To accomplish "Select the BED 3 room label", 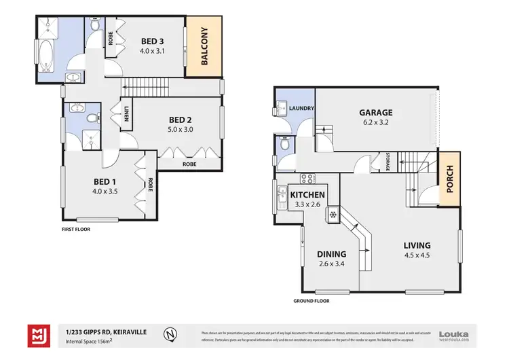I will [x=151, y=40].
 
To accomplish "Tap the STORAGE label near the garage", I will [x=387, y=162].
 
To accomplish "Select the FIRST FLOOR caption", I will [x=75, y=229].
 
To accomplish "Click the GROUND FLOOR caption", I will [x=311, y=300].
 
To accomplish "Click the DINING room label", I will [x=331, y=254].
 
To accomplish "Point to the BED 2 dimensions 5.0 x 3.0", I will [x=181, y=128].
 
